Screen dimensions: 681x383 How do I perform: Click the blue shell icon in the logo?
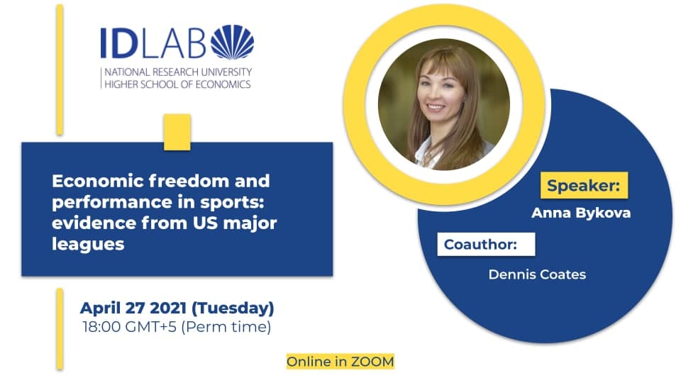tap(233, 42)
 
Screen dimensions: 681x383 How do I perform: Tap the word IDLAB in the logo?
tap(153, 43)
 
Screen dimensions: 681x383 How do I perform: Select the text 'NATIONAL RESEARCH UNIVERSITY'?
tap(178, 72)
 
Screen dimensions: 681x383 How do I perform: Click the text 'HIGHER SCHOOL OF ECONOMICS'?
tap(177, 84)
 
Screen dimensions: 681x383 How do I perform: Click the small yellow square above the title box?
tap(177, 132)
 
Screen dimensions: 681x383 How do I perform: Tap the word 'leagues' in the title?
tap(88, 244)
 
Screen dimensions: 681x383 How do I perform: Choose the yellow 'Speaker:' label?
tap(584, 185)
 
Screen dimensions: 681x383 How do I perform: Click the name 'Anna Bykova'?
tap(581, 213)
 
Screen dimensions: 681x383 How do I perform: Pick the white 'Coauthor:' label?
tap(486, 244)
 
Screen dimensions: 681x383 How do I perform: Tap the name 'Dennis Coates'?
tap(537, 274)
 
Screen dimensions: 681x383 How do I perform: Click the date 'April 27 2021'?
tap(134, 308)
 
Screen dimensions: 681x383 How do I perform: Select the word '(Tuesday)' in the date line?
tap(233, 309)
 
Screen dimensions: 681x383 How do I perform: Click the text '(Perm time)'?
tap(226, 327)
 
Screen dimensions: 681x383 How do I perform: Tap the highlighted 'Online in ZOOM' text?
tap(340, 361)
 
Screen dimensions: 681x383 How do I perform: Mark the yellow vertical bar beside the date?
tap(60, 328)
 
